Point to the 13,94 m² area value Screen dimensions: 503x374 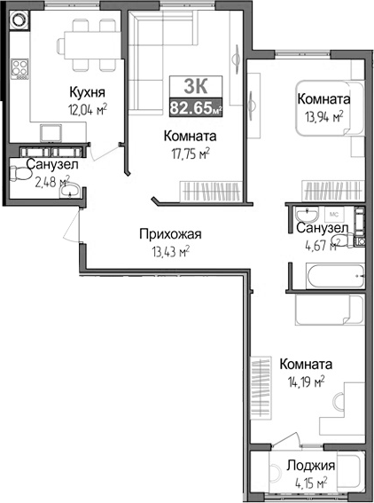click(x=322, y=115)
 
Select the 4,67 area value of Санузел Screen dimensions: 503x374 click(x=315, y=246)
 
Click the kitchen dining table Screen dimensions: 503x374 click(x=83, y=43)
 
